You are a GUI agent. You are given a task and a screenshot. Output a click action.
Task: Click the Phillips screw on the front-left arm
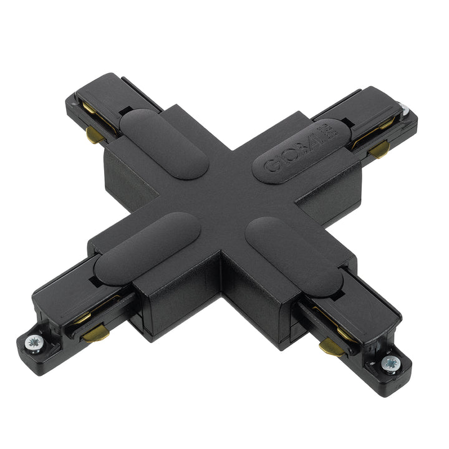point(34,341)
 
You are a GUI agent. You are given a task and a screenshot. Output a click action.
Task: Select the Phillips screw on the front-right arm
point(391,363)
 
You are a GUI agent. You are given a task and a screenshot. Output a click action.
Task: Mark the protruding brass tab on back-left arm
point(94,137)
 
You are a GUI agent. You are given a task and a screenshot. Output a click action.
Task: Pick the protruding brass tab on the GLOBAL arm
point(379,150)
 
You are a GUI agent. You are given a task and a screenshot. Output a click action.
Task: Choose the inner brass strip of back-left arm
point(89,110)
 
